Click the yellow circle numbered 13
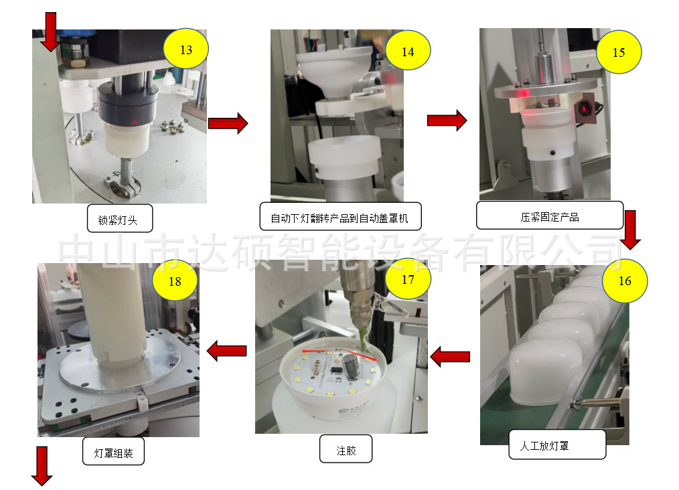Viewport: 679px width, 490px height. click(186, 50)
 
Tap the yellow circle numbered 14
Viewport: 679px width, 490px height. click(408, 52)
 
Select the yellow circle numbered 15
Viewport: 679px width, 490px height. click(619, 52)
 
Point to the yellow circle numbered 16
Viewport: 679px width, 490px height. click(625, 280)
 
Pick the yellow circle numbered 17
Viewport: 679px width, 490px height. click(408, 279)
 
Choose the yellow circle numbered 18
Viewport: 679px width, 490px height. click(175, 282)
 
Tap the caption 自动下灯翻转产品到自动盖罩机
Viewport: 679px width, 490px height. click(340, 217)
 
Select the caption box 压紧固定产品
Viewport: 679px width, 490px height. click(549, 216)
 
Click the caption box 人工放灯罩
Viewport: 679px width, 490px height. click(544, 445)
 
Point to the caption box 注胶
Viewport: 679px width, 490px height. click(346, 450)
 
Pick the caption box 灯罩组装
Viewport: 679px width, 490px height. click(113, 452)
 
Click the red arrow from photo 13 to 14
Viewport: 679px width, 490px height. click(228, 124)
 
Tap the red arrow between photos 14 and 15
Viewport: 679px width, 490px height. click(447, 120)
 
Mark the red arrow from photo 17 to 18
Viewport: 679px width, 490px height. click(227, 350)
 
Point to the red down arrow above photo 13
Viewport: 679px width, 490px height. click(50, 31)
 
